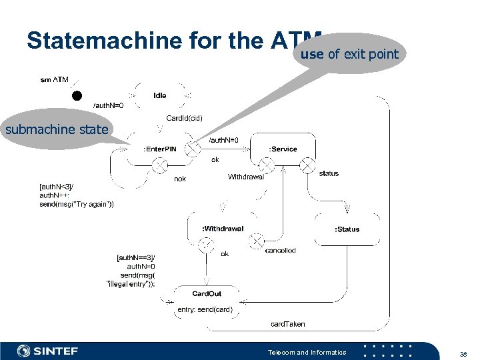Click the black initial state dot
(x=78, y=95)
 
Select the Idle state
(x=160, y=95)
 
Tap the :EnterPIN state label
(x=159, y=149)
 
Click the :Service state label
(x=282, y=149)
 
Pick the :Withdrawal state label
(x=223, y=229)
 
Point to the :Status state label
(x=347, y=229)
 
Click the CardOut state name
(x=207, y=293)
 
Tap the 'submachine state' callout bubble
(x=57, y=129)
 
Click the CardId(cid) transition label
(x=184, y=118)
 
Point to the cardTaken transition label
(x=287, y=324)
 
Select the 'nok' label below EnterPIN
(x=180, y=179)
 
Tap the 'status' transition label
(x=329, y=173)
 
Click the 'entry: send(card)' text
(x=205, y=309)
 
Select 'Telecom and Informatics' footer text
(x=307, y=352)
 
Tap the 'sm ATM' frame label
(x=54, y=80)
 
